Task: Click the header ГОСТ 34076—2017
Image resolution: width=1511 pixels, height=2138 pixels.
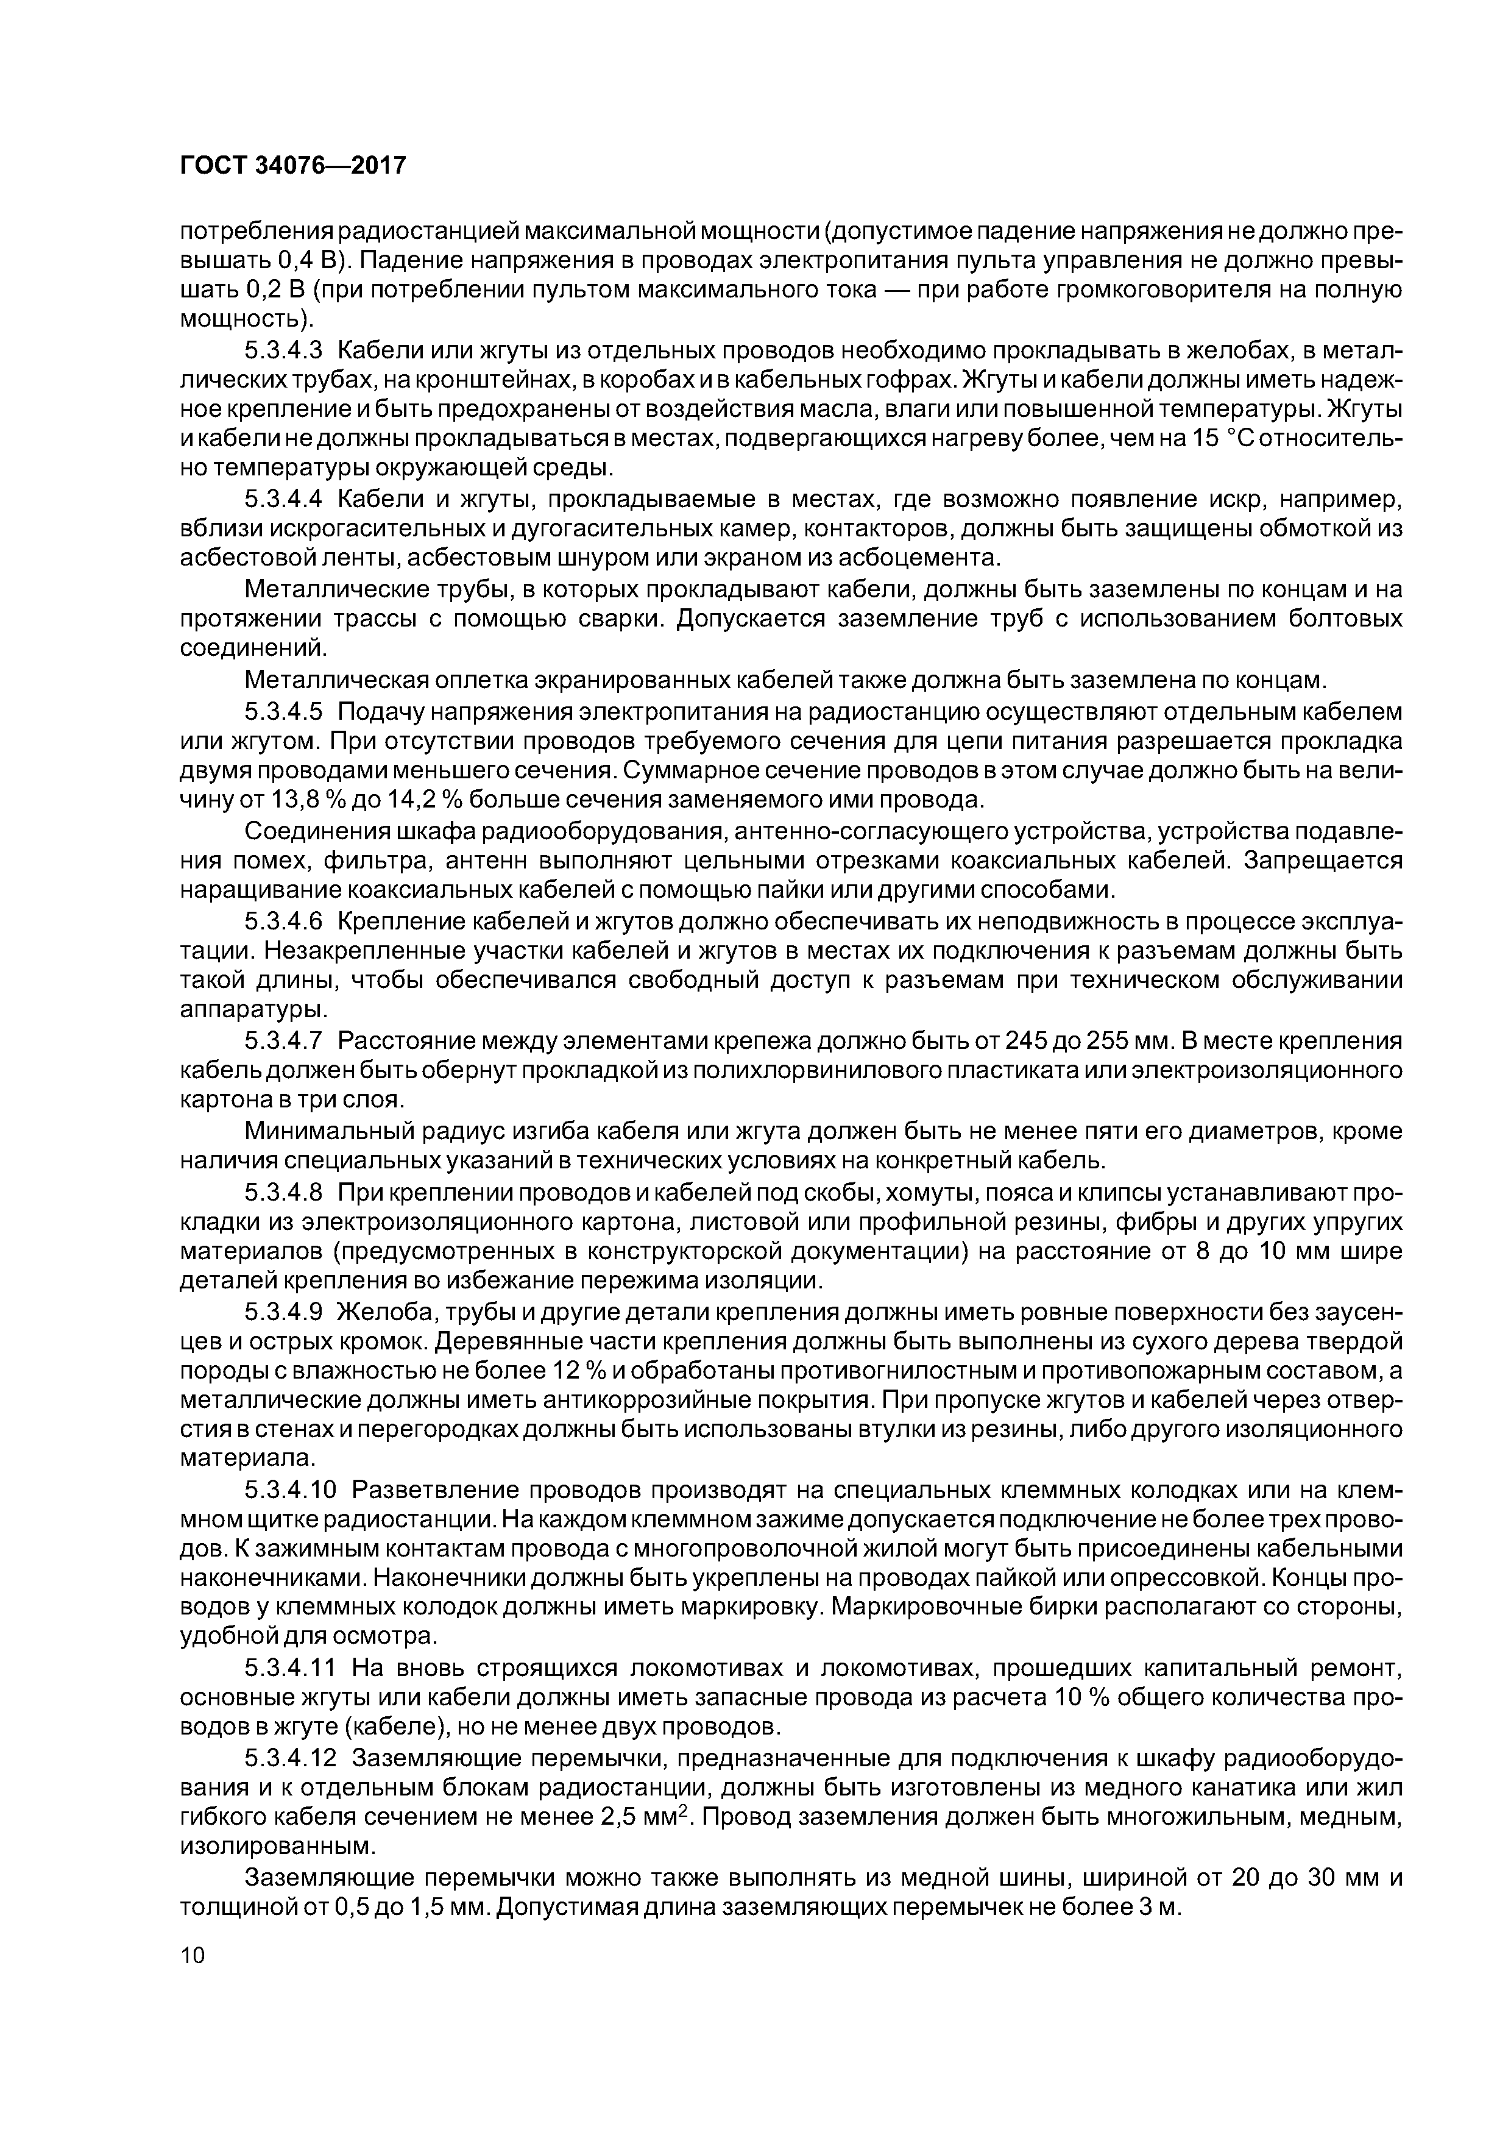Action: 292,166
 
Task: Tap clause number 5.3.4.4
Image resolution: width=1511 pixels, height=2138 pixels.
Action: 283,500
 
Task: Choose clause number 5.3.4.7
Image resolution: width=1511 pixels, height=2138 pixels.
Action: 283,1040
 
